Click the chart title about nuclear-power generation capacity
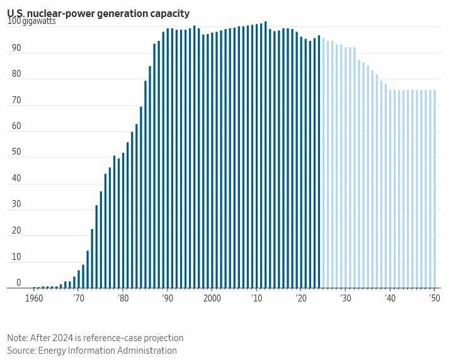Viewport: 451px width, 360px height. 98,13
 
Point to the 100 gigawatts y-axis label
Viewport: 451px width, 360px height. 31,21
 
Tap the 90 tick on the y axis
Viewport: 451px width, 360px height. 16,48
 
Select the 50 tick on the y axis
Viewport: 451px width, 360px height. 16,152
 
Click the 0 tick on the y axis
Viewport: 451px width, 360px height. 19,283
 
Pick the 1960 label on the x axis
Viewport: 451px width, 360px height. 34,298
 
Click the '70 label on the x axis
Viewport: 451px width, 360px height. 78,298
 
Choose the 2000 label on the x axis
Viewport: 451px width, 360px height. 212,298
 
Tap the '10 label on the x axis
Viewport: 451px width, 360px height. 256,298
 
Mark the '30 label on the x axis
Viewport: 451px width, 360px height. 345,298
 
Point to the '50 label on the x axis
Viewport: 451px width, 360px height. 434,298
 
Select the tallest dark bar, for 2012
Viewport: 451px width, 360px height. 266,155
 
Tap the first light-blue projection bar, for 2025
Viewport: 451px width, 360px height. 324,164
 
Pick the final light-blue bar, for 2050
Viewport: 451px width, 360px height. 435,189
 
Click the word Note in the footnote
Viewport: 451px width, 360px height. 18,338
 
